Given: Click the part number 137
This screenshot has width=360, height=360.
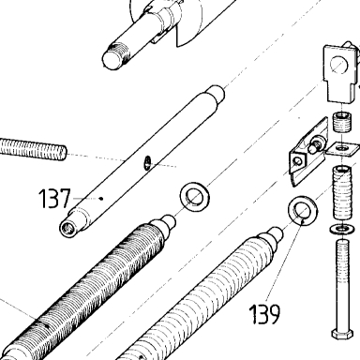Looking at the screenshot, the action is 54,199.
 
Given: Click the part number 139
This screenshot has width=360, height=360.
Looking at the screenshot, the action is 264,314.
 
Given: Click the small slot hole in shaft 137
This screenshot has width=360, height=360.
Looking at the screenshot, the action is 147,162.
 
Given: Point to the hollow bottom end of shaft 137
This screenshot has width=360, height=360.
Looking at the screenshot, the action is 67,229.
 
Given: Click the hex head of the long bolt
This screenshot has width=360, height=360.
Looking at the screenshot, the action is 342,335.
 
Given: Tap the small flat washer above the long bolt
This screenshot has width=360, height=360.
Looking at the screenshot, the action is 342,229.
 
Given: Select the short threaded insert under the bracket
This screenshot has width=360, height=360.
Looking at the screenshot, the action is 342,123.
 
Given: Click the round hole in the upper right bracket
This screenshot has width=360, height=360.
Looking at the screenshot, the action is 338,66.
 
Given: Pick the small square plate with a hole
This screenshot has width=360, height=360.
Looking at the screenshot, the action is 342,148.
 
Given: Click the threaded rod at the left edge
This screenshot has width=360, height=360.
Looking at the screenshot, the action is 33,150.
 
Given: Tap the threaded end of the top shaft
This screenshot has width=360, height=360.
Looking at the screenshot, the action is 116,55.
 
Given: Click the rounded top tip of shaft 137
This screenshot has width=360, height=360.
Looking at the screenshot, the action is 217,93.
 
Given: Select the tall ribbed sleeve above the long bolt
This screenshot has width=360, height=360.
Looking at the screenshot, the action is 342,193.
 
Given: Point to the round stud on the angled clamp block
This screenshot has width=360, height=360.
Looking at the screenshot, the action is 314,146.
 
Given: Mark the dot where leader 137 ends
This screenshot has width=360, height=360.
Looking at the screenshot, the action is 100,198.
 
